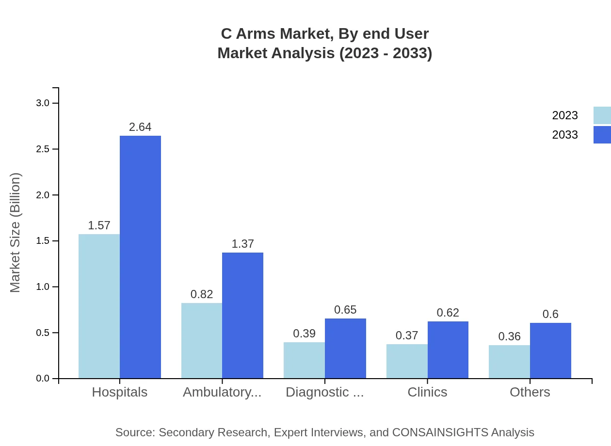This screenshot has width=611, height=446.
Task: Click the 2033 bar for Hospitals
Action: [140, 257]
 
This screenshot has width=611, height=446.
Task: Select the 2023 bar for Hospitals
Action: [99, 306]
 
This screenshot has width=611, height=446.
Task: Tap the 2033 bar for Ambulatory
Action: [242, 315]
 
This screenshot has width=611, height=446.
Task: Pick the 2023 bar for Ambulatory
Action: [202, 340]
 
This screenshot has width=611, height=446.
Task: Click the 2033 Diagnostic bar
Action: [345, 348]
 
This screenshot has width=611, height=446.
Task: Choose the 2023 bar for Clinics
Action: [407, 361]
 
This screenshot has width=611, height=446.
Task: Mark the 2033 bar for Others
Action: [550, 350]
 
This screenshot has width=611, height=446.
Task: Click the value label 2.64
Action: [140, 127]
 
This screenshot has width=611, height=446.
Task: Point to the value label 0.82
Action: [202, 294]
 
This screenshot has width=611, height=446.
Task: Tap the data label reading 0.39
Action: [304, 334]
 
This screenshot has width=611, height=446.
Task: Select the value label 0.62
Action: [448, 313]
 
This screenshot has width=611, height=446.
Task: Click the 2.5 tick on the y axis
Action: [43, 149]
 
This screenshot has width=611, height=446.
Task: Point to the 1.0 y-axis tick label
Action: [43, 287]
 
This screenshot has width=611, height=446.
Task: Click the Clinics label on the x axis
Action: [427, 392]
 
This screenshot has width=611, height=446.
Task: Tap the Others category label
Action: [530, 392]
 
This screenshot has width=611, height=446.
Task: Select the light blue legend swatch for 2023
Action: [602, 115]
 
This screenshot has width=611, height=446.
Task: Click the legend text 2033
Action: [565, 135]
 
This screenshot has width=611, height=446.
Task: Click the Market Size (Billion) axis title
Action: [16, 233]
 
